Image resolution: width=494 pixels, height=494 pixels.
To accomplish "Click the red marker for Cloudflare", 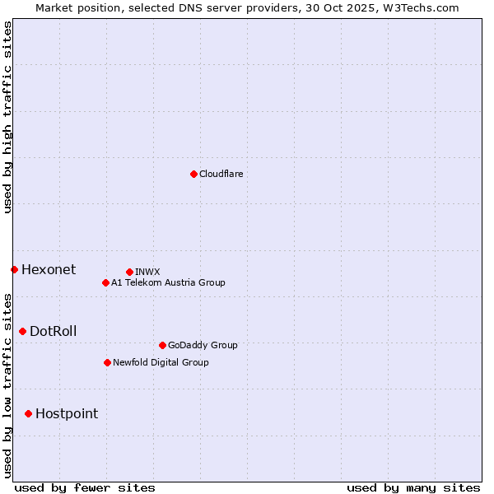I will [x=193, y=174].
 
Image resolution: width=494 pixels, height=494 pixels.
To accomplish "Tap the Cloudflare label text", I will [x=221, y=174].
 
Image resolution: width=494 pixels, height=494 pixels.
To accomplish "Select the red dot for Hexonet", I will [x=14, y=269].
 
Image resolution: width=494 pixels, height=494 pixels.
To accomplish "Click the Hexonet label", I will [x=49, y=269].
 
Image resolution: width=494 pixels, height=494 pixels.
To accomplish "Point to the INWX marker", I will [x=129, y=272].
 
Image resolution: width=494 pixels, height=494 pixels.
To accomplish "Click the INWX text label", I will [x=147, y=272].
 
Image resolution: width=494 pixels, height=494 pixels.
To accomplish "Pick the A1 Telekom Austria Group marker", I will [x=105, y=282].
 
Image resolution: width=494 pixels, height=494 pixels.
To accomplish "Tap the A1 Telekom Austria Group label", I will [x=168, y=282].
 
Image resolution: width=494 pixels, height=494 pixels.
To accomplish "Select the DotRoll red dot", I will [x=22, y=331].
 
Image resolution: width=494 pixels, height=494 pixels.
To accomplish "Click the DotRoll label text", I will [x=54, y=331].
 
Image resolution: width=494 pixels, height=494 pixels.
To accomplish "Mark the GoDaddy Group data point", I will [x=162, y=345].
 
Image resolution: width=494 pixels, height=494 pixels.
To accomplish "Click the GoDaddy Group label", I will [x=203, y=345].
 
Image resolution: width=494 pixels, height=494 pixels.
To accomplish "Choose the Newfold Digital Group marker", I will [x=107, y=362].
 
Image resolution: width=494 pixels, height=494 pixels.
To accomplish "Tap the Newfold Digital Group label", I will [x=161, y=362].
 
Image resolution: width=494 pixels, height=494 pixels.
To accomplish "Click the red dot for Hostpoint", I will [x=28, y=413].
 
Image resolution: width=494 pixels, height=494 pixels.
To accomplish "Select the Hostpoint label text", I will [x=67, y=413].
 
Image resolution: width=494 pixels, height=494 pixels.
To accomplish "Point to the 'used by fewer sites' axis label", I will [x=85, y=487].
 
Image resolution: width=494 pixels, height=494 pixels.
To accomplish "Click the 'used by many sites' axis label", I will [x=413, y=487].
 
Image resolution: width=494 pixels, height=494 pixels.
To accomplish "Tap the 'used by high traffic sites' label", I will [x=7, y=117].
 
